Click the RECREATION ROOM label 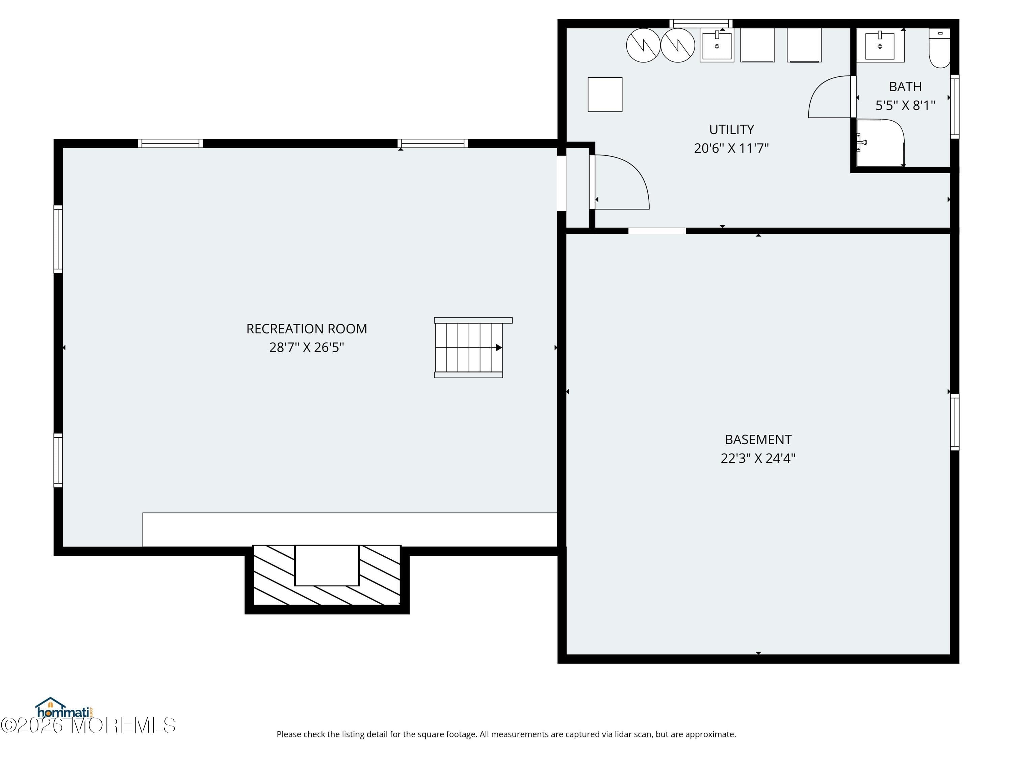pos(306,329)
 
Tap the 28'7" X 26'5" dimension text pos(306,348)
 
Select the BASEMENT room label pos(758,440)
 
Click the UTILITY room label pos(731,130)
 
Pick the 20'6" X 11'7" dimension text pos(731,148)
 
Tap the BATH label pos(905,86)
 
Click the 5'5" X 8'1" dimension pos(905,106)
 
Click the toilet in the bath pos(940,48)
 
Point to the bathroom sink pos(880,45)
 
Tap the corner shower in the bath pos(880,143)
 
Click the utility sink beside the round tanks pos(717,45)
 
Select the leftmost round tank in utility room pos(643,45)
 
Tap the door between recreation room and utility pos(621,182)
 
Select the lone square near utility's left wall pos(605,94)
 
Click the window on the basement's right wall pos(954,422)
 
